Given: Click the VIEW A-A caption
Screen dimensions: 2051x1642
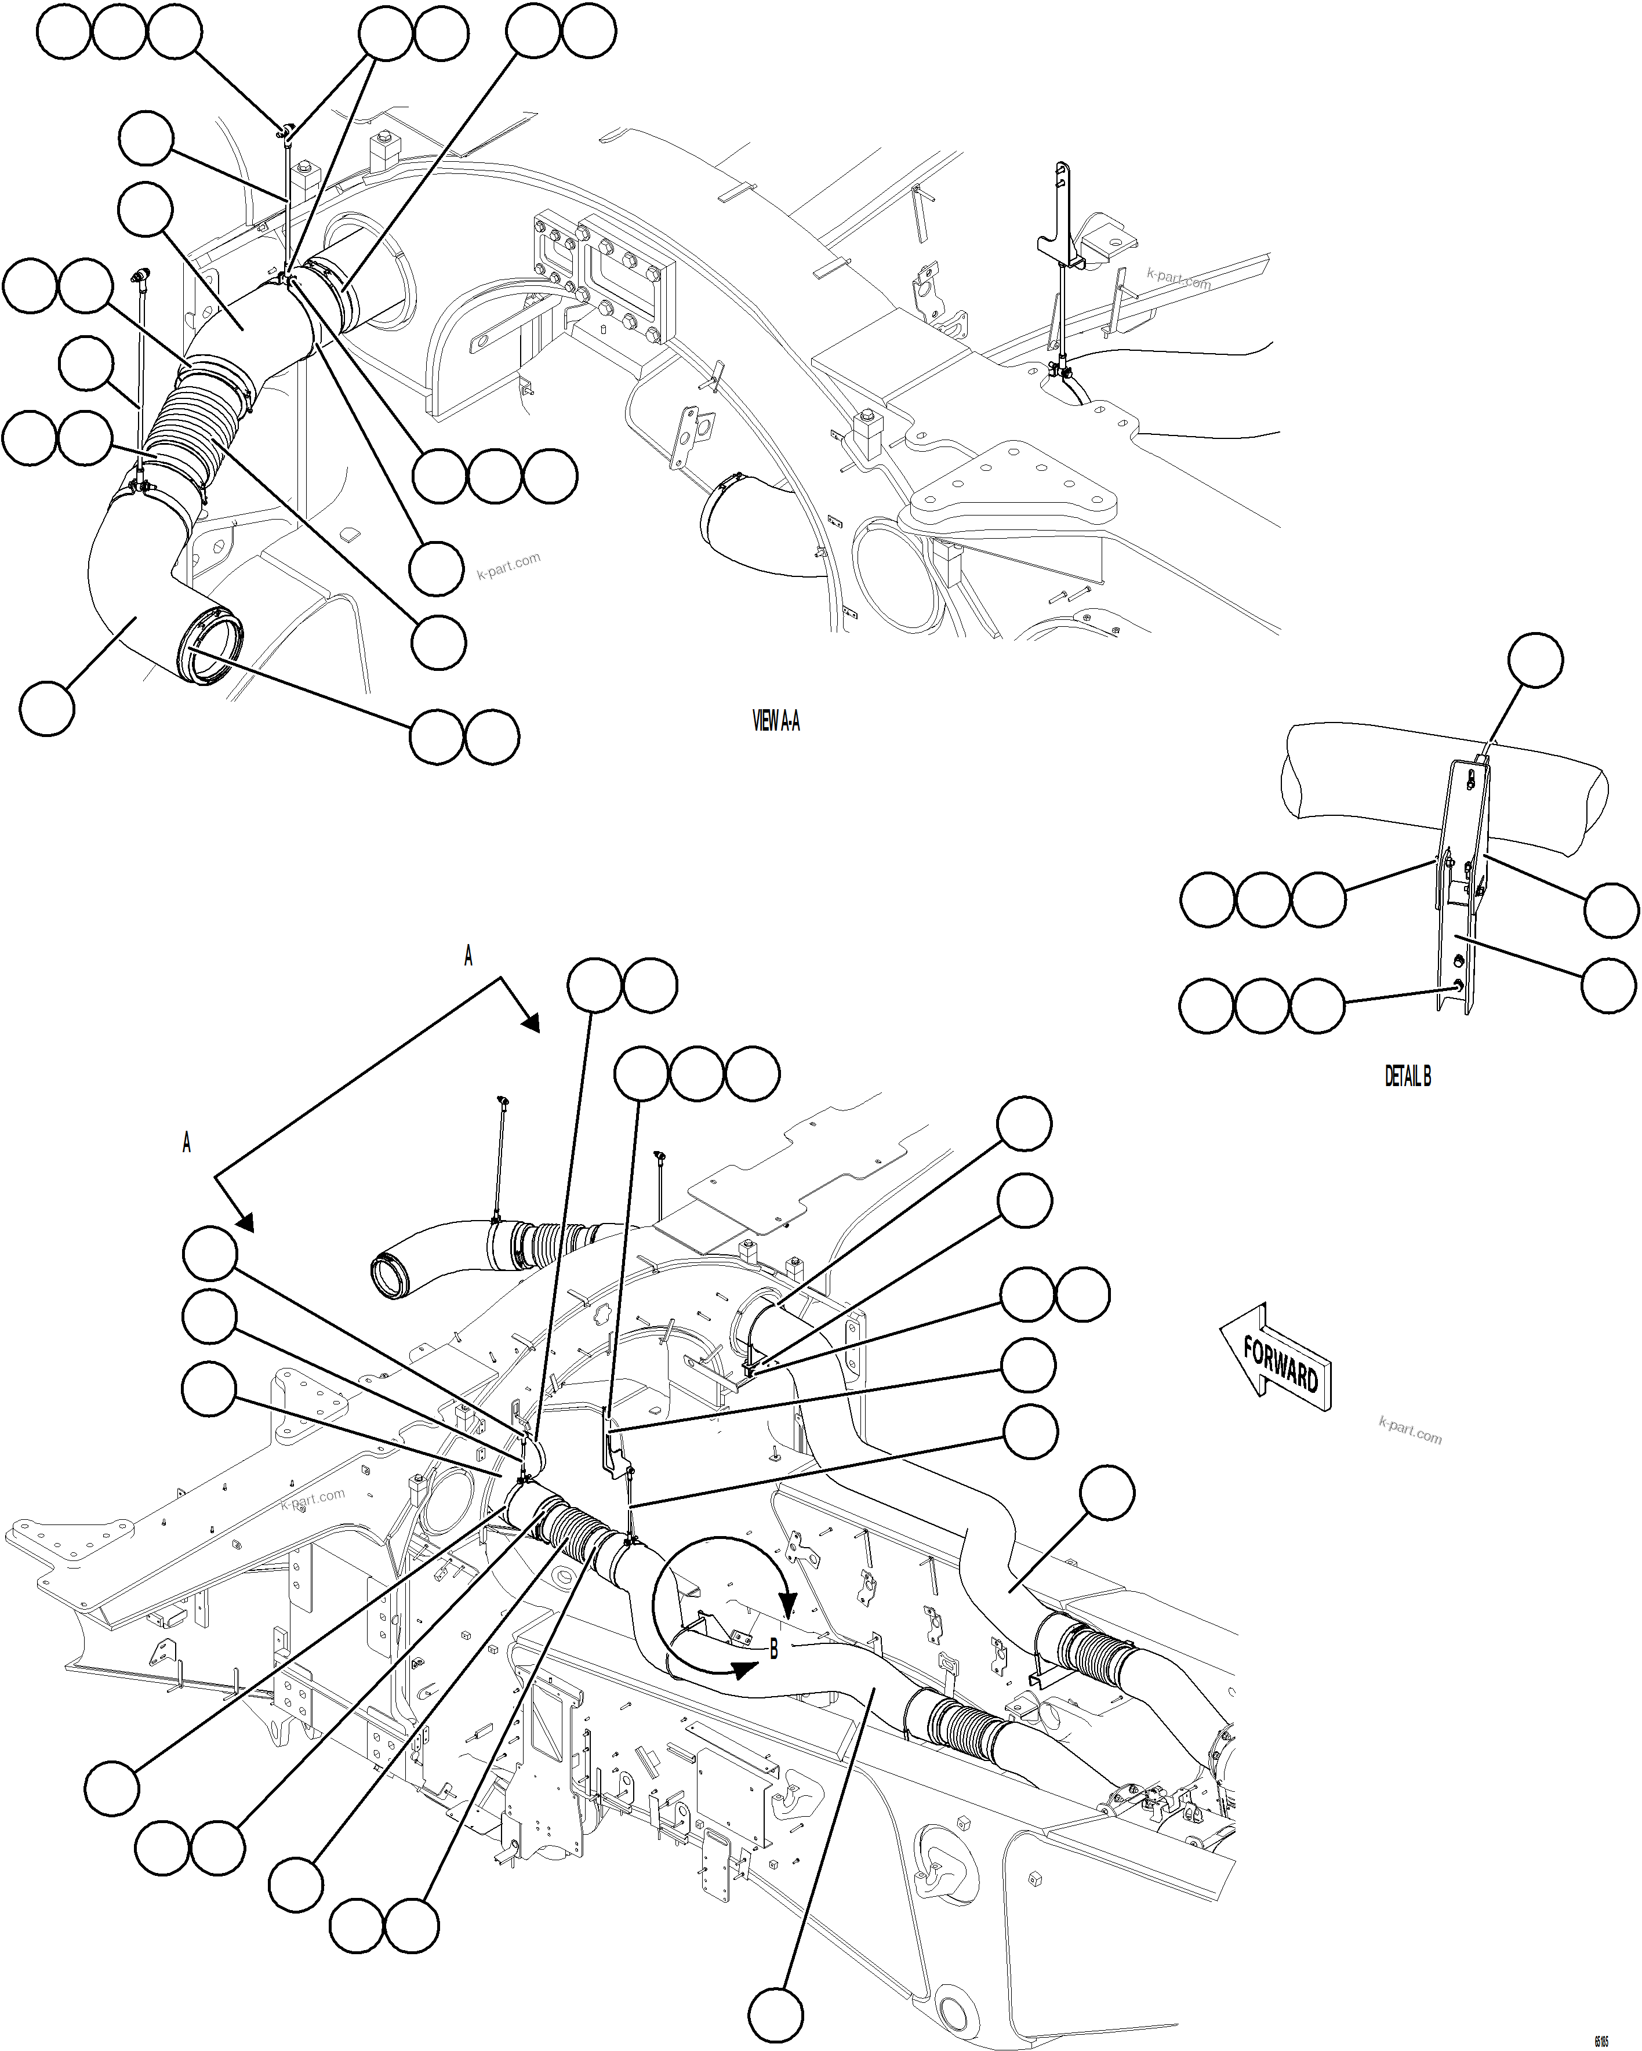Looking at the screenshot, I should (775, 721).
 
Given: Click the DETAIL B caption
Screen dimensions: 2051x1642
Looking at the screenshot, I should (1407, 1076).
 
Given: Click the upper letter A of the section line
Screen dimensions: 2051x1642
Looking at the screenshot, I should (468, 956).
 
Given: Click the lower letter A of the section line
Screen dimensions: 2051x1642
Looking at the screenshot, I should (187, 1142).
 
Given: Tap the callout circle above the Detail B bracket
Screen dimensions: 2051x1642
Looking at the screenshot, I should (1535, 659).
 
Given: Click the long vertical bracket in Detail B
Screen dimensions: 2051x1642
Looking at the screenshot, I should (1461, 913).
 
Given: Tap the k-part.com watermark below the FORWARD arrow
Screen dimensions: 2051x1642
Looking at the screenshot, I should (1410, 1430).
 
